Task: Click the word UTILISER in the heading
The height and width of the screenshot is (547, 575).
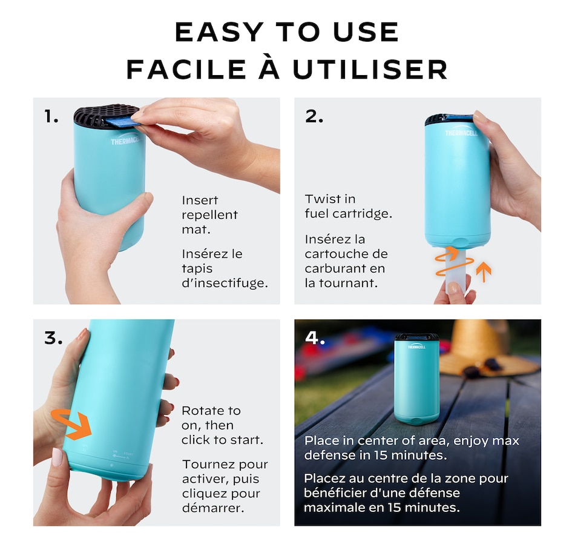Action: coord(370,69)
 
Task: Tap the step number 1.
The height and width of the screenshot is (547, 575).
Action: coord(51,116)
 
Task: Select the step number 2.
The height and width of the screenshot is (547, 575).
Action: coord(314,116)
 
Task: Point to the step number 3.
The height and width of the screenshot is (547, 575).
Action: coord(53,338)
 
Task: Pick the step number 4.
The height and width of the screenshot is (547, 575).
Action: coord(315,338)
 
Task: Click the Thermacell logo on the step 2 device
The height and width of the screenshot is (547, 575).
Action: coord(461,132)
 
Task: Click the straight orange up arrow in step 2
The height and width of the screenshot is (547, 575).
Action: coord(484,271)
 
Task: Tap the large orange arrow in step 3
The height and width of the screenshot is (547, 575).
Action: coord(71,424)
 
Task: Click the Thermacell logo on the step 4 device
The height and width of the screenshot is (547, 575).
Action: coord(416,346)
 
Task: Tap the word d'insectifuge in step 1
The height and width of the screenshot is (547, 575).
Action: coord(225,283)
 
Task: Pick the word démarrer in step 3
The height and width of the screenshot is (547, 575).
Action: coord(213,508)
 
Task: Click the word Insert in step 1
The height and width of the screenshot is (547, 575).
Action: coord(200,200)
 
